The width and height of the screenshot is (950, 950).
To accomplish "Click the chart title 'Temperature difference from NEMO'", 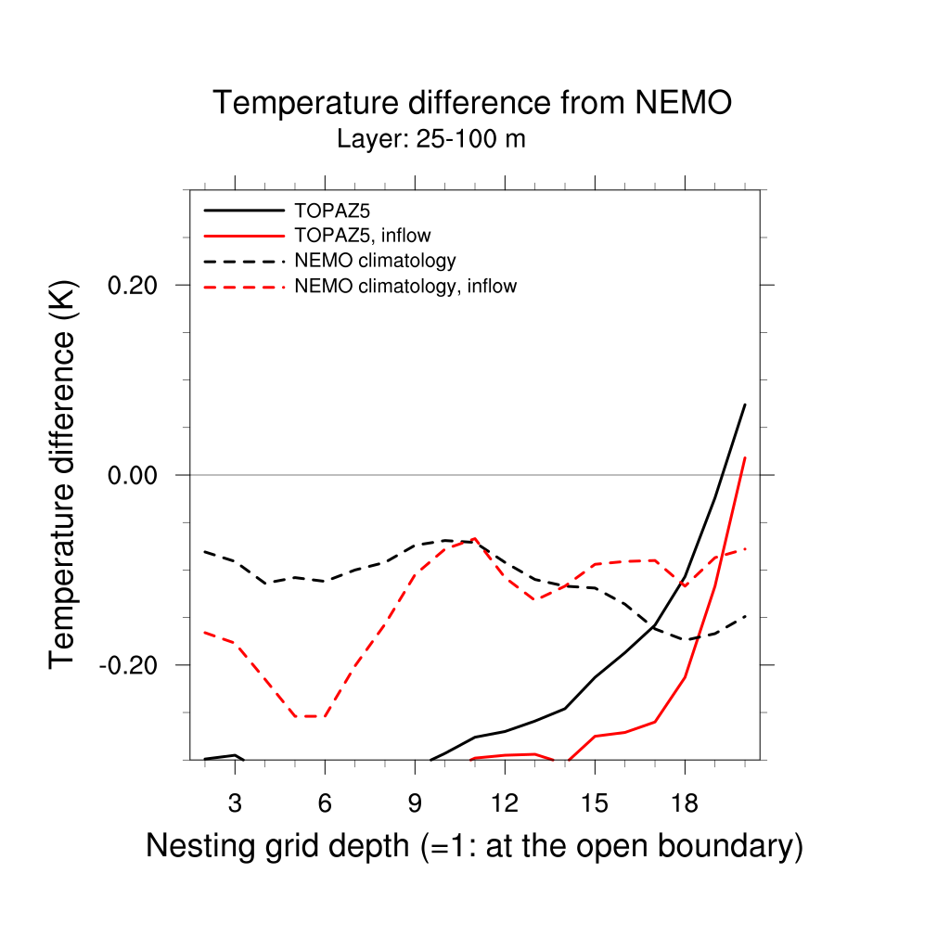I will pos(472,103).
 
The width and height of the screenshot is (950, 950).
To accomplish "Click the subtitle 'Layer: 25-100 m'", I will pos(431,140).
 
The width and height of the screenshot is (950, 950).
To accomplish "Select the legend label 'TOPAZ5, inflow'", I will pos(363,236).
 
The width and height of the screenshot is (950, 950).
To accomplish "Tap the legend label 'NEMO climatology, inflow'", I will pos(405,286).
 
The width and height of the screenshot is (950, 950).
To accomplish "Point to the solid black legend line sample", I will pos(243,211).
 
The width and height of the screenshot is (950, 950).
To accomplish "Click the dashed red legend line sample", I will pos(243,287).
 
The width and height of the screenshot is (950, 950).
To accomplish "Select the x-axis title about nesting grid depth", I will pos(474,846).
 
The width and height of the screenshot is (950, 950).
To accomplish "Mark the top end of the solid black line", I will pos(745,404).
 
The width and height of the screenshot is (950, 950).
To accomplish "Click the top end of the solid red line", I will pos(745,457).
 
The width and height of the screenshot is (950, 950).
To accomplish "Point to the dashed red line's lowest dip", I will pos(310,716).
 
